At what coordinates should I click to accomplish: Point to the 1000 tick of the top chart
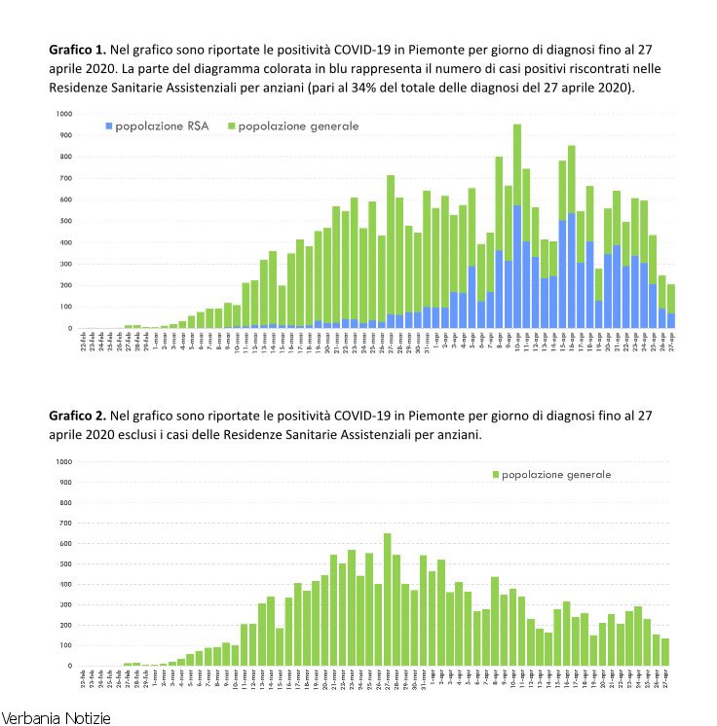pos(64,114)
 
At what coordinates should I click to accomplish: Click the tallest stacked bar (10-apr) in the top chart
pos(544,234)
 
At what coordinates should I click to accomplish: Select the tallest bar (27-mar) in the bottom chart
pos(387,603)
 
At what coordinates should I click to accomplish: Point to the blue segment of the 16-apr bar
pos(571,272)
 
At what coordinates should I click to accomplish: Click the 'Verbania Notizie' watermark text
pos(57,717)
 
